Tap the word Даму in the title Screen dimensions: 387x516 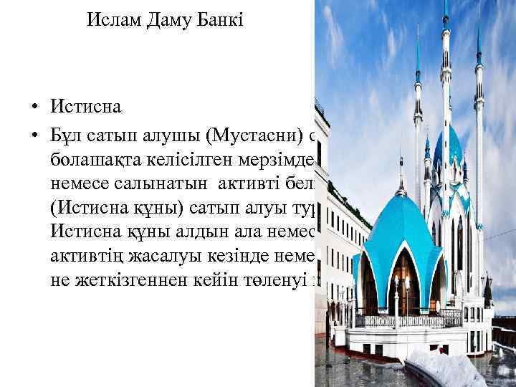(169, 19)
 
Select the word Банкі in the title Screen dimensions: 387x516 (221, 19)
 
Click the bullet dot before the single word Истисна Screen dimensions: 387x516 (33, 109)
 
